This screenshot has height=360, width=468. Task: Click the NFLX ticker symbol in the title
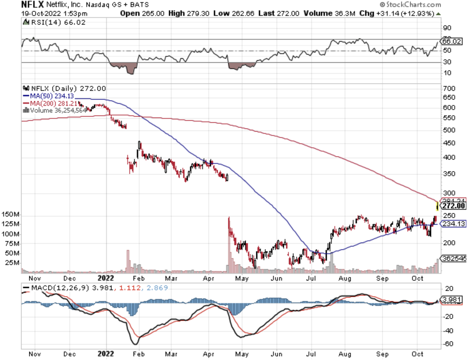tap(32, 5)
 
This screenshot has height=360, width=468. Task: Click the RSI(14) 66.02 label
tap(58, 22)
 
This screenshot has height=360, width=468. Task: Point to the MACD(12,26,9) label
tap(60, 288)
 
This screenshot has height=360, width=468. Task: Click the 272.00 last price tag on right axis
tap(454, 206)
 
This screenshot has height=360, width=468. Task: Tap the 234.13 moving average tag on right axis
tap(453, 224)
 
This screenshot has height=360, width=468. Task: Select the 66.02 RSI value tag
tap(452, 41)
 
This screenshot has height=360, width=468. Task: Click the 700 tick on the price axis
tap(449, 88)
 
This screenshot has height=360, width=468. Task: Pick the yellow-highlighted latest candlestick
tap(437, 206)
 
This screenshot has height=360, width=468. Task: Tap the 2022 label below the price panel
tap(106, 278)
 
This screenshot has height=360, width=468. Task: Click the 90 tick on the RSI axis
tap(447, 28)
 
